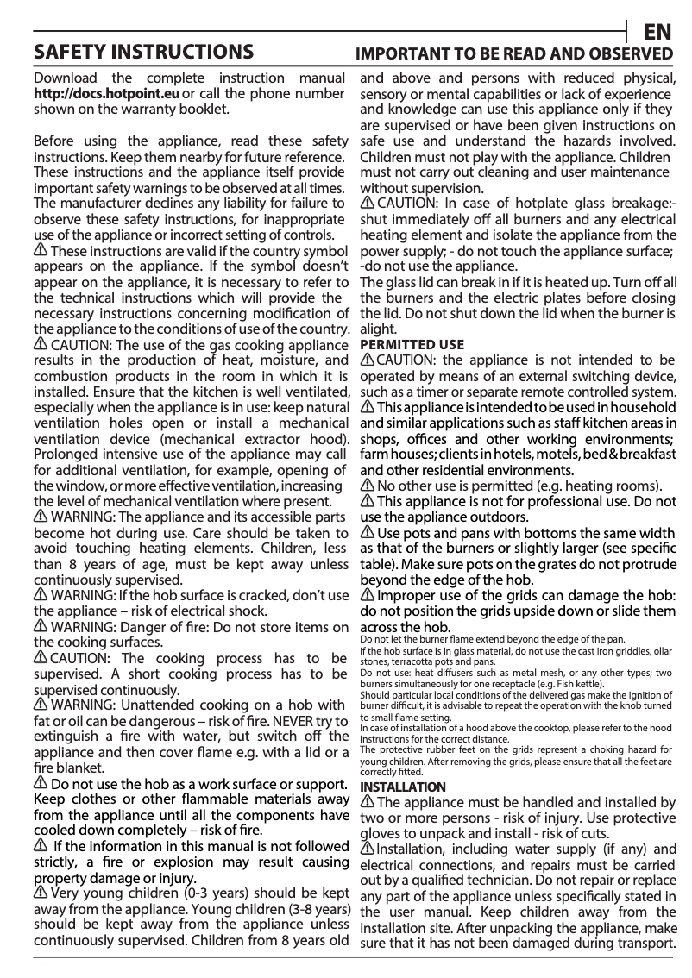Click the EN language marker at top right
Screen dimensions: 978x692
click(658, 32)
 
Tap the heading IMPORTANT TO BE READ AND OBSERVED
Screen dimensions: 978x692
click(515, 53)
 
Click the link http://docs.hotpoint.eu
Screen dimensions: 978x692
click(106, 94)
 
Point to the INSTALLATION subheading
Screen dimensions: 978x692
click(403, 787)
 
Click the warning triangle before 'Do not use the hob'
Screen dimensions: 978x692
click(41, 783)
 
